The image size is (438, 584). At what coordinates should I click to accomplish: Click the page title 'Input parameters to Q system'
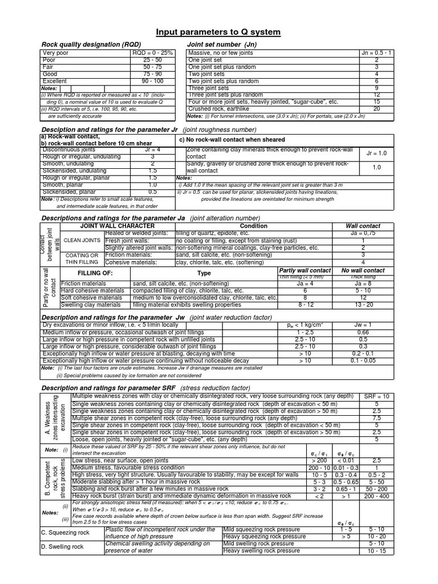pos(219,32)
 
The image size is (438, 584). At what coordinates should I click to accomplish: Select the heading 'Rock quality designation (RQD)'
pos(91,44)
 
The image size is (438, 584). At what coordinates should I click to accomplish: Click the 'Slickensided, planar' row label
pos(68,192)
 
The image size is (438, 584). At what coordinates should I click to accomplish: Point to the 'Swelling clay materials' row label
pos(90,305)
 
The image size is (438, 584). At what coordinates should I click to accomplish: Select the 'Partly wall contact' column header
pos(304,270)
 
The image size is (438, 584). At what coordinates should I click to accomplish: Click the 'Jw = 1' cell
pos(363,325)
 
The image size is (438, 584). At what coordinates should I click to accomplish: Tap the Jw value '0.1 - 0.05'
pos(363,361)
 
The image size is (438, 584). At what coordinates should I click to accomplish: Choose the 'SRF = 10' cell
pos(376,396)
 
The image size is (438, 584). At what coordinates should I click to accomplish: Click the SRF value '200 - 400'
pos(376,496)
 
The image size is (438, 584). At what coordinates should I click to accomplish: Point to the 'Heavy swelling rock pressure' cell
pos(262,551)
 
